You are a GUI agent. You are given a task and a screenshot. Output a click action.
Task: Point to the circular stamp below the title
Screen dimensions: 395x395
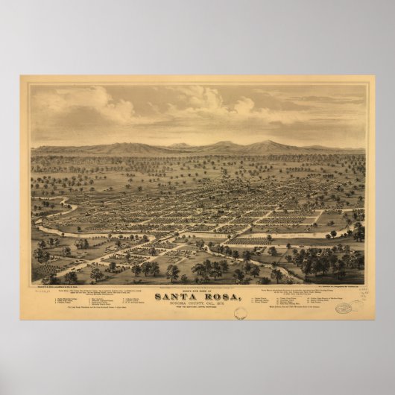point(240,314)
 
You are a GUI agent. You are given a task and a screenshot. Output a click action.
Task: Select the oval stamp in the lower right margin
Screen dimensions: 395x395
point(344,307)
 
